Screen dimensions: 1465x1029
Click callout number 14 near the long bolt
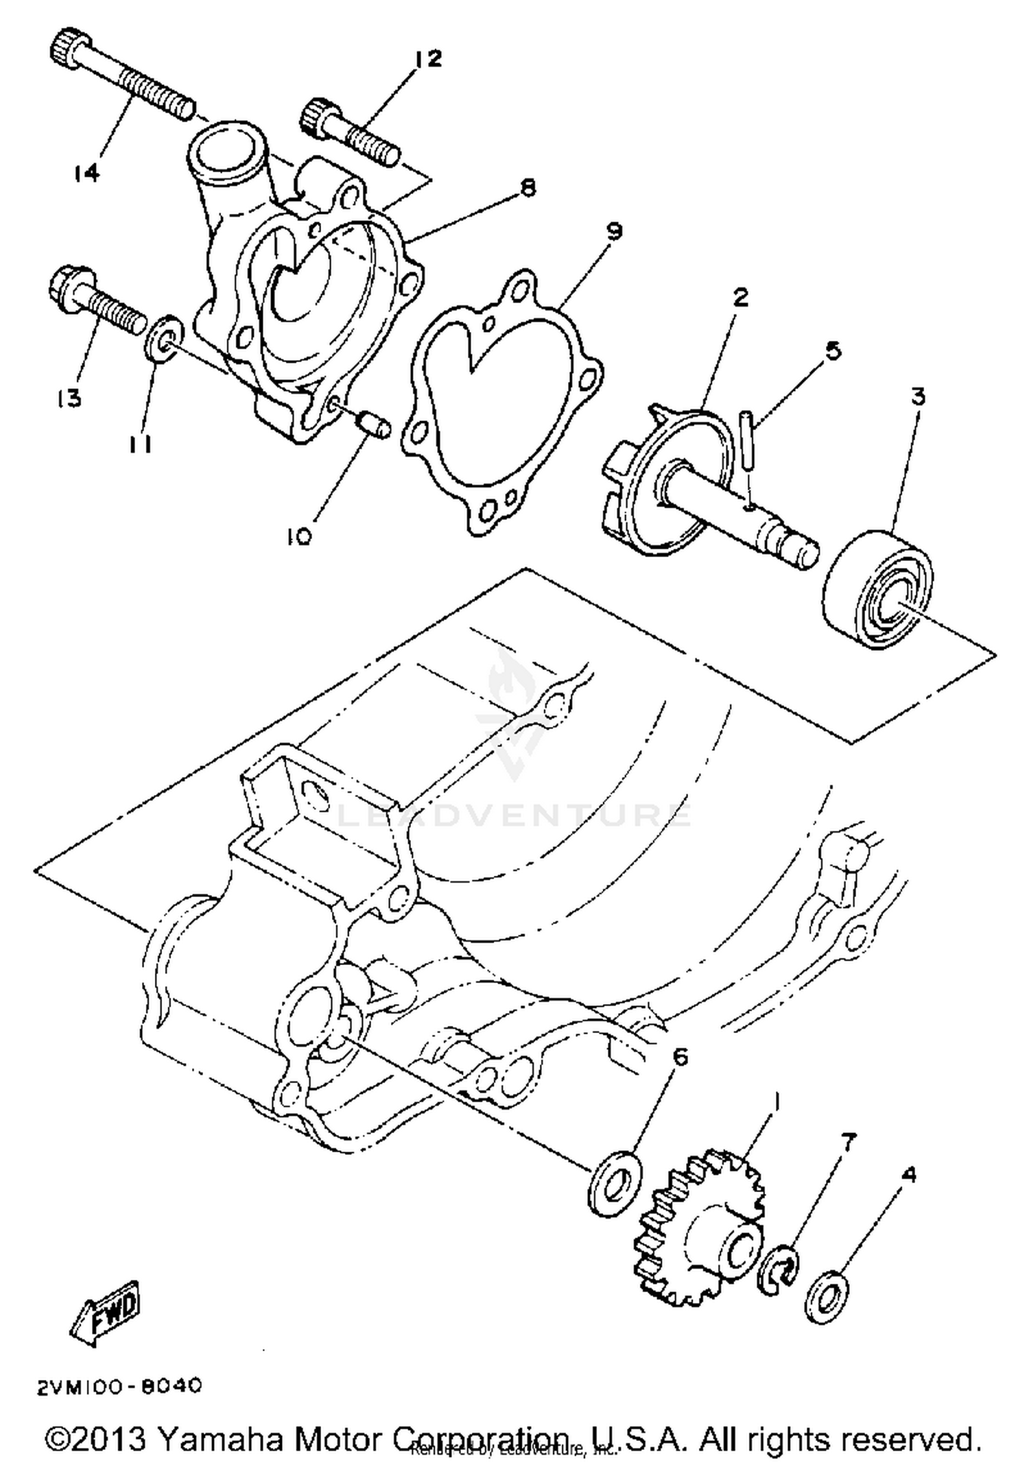86,173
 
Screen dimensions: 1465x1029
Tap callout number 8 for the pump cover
527,188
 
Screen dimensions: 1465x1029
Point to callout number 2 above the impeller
740,298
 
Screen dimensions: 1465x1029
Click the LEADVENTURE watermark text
514,815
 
